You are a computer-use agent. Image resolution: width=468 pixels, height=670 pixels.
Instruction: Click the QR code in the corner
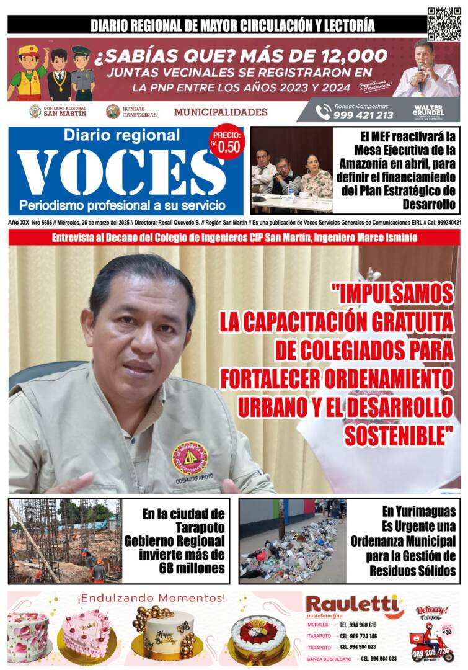[x=444, y=24]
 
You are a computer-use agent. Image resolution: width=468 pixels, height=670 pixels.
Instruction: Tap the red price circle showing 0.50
[x=227, y=145]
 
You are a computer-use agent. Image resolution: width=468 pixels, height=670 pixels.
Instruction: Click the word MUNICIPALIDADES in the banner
[x=221, y=112]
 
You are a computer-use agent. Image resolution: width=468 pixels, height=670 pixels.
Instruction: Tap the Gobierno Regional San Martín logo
[x=35, y=112]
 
